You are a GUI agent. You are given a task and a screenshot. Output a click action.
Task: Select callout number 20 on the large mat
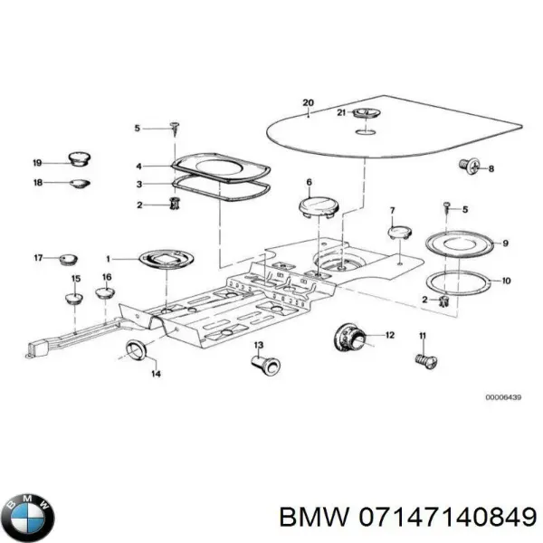(307, 103)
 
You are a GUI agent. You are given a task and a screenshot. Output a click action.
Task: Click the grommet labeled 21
(366, 113)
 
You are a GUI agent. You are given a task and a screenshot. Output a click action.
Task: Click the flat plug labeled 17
(65, 261)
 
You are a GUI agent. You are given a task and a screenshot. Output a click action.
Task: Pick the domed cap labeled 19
(79, 160)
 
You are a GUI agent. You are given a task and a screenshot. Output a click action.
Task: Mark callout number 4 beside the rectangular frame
(138, 166)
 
